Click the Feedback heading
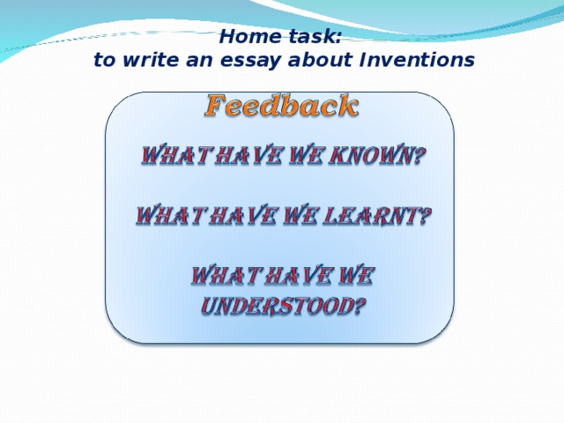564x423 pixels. pos(282,107)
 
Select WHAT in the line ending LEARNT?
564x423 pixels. pos(167,217)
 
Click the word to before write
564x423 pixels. pos(104,61)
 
